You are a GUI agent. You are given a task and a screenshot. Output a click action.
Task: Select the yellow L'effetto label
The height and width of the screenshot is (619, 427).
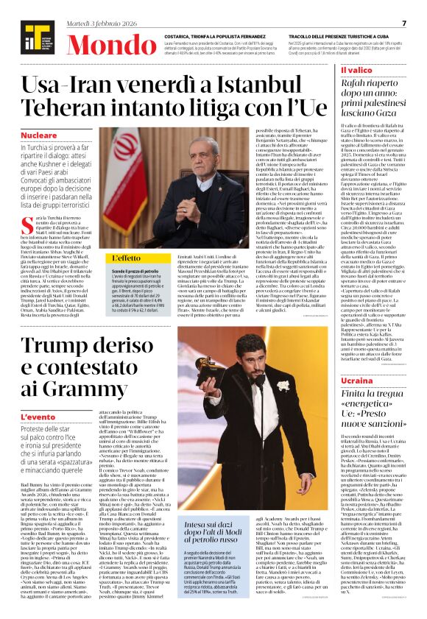(122, 259)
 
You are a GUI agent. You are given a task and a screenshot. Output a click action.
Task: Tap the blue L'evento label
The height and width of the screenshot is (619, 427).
(38, 416)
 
